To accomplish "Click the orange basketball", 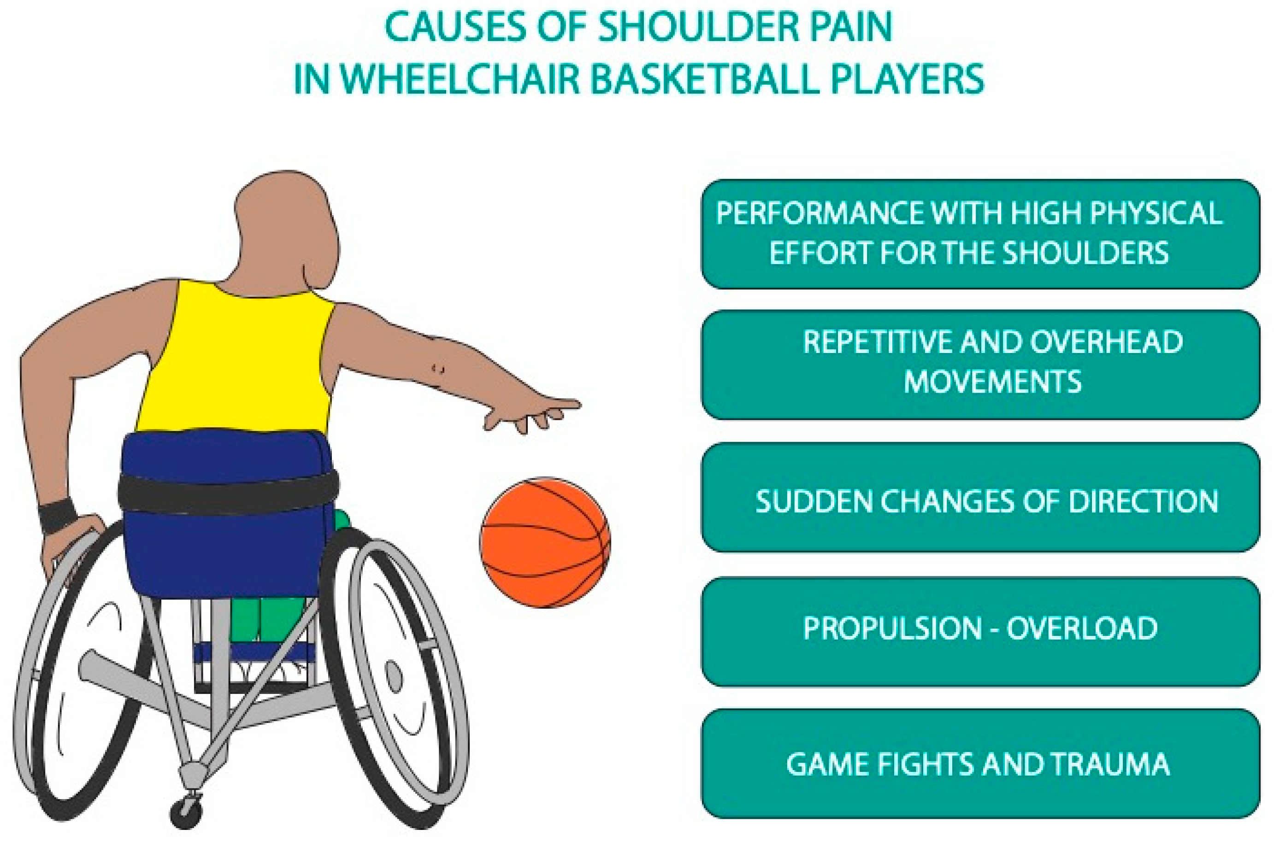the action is pyautogui.click(x=545, y=542).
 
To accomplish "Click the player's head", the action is pyautogui.click(x=284, y=230).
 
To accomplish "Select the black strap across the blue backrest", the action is pyautogui.click(x=228, y=492).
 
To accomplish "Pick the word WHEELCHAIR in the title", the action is pyautogui.click(x=461, y=80).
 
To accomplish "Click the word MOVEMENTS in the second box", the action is pyautogui.click(x=992, y=382).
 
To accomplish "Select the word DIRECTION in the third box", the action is pyautogui.click(x=1143, y=501).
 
